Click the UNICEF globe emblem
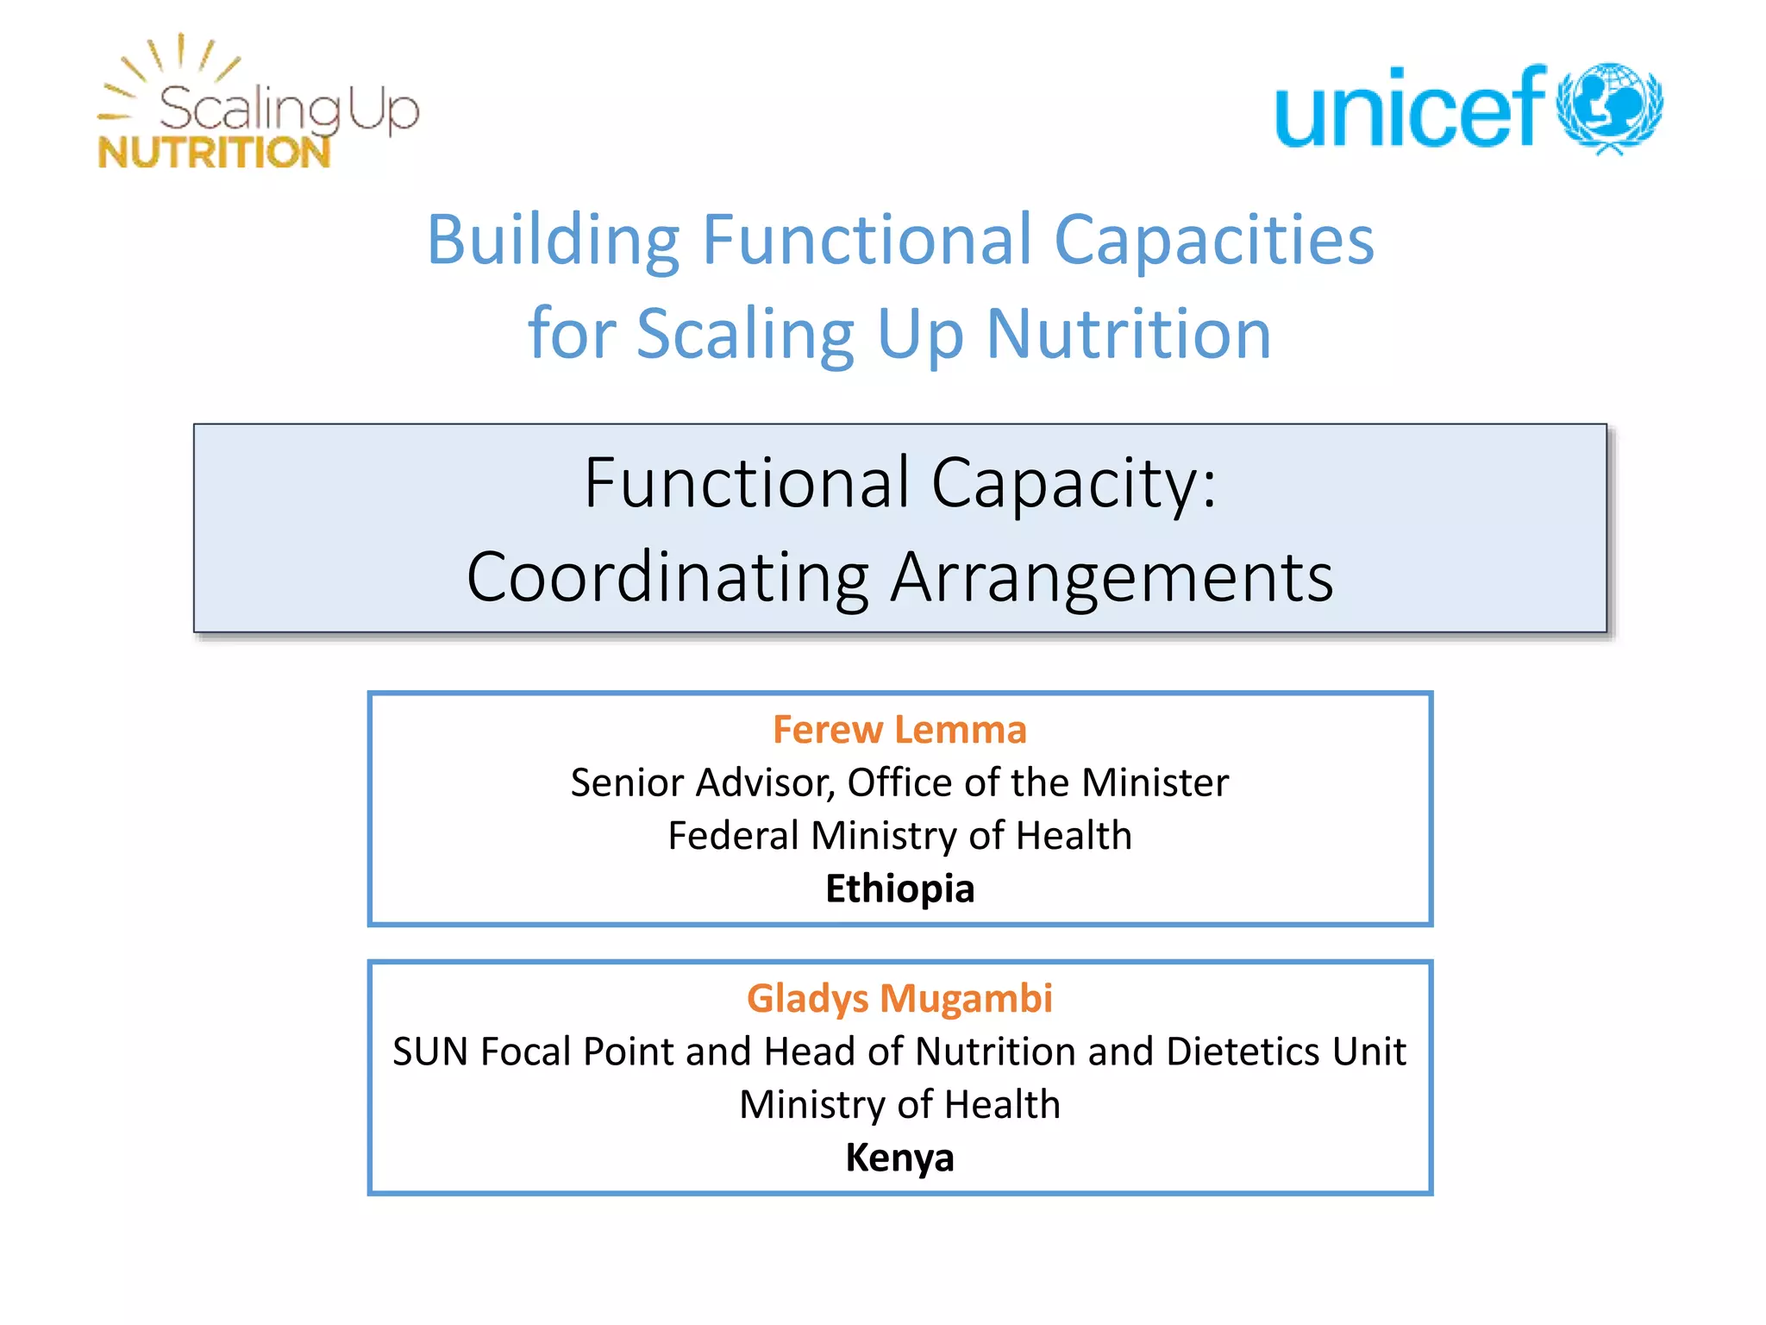pyautogui.click(x=1609, y=107)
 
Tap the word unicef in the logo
pyautogui.click(x=1411, y=109)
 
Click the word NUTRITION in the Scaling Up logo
pyautogui.click(x=214, y=153)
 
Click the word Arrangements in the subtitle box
pyautogui.click(x=1112, y=577)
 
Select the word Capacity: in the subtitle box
pyautogui.click(x=1074, y=483)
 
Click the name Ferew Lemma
pyautogui.click(x=899, y=730)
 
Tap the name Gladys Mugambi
pyautogui.click(x=899, y=998)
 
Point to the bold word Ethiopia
pyautogui.click(x=899, y=889)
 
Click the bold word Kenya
pyautogui.click(x=899, y=1158)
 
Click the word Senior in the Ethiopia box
pyautogui.click(x=627, y=783)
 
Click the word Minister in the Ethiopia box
pyautogui.click(x=1155, y=783)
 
